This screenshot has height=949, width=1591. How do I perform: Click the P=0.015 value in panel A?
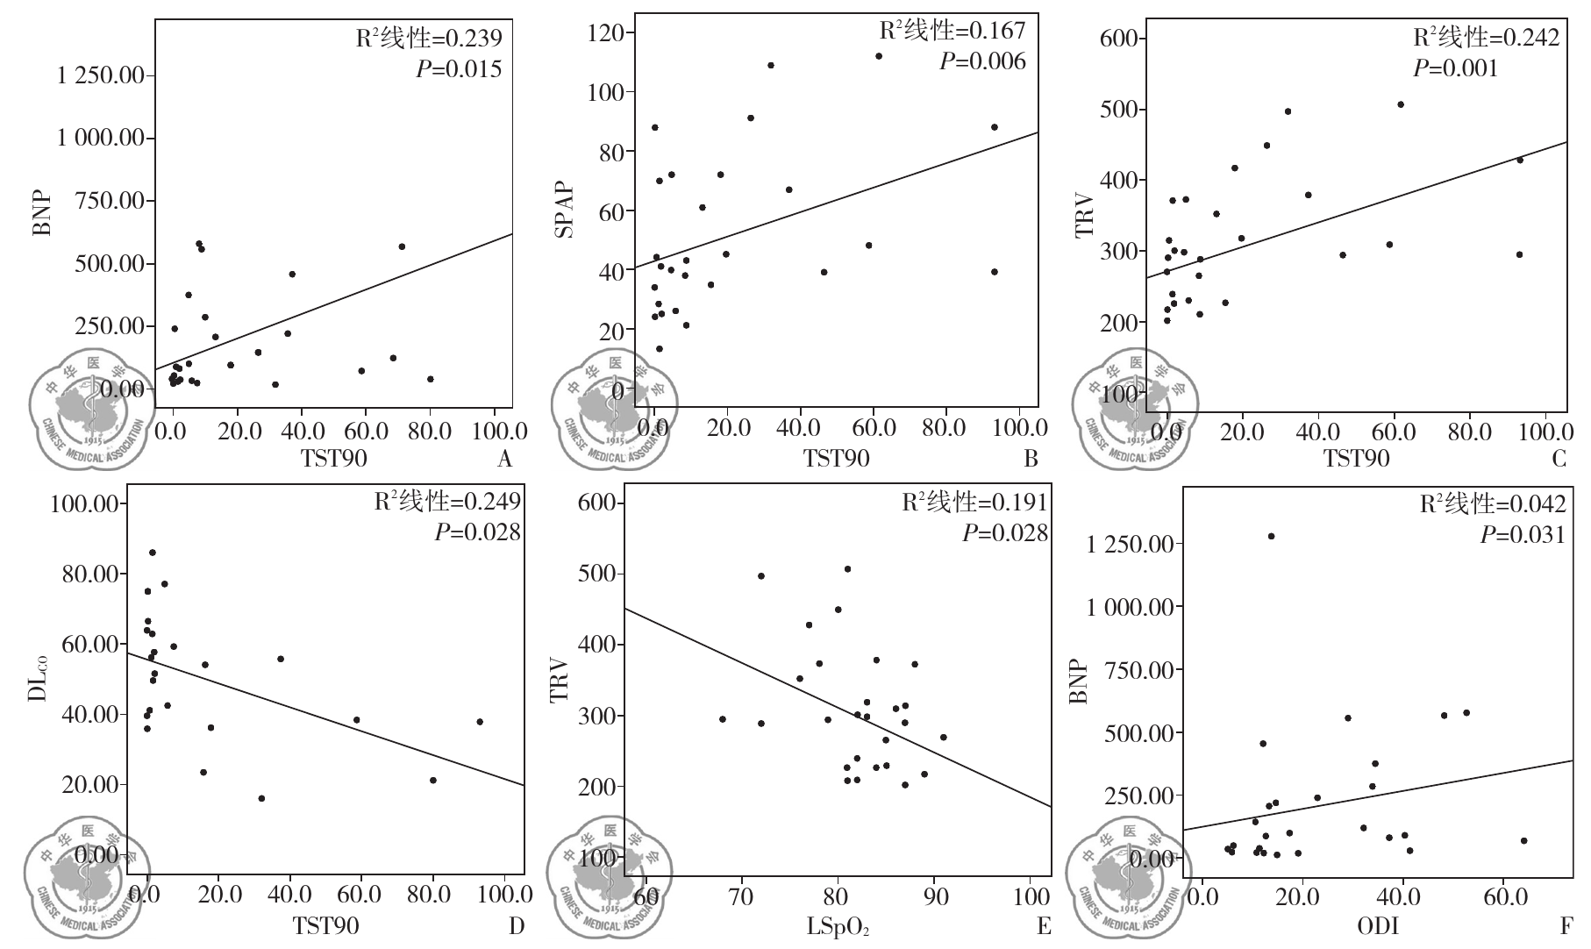(459, 69)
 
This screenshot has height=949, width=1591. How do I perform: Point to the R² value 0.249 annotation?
(447, 502)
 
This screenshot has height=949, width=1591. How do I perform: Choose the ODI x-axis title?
(1378, 926)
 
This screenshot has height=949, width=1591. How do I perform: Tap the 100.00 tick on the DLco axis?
(84, 504)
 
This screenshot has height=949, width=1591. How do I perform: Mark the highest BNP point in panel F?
(1271, 536)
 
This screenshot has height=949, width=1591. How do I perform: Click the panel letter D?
(516, 926)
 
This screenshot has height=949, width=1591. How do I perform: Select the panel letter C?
(1558, 459)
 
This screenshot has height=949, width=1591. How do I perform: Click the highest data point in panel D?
(152, 553)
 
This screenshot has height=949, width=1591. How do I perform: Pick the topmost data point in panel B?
(878, 56)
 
